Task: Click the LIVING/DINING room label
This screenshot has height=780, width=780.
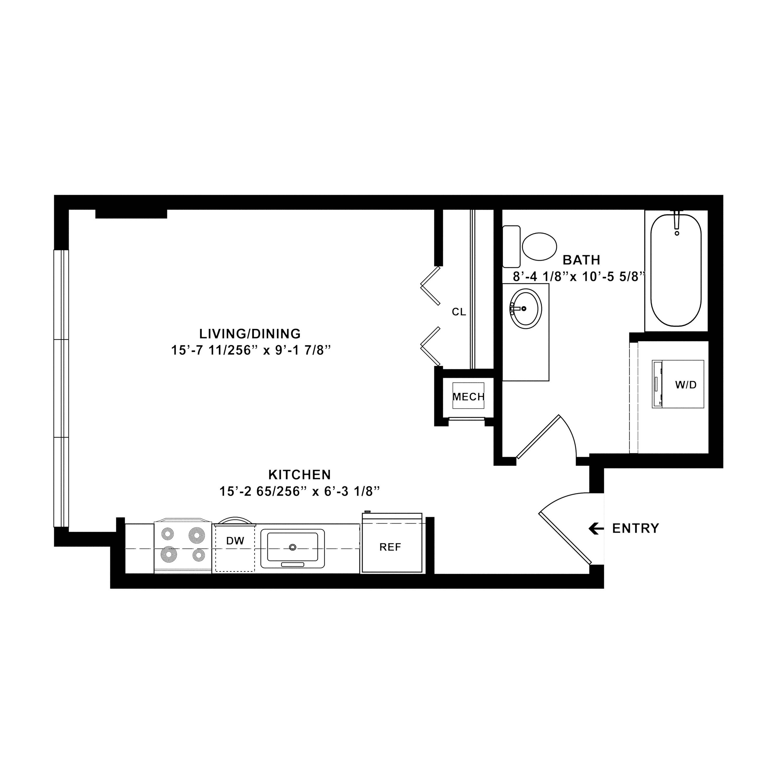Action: tap(250, 334)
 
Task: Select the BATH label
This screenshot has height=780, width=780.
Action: tap(581, 259)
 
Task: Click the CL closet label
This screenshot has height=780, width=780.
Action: tap(459, 312)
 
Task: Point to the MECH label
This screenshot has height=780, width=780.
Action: tap(468, 397)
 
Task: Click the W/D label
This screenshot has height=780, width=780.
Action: tap(686, 385)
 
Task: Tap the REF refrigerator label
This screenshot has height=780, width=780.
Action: tap(390, 547)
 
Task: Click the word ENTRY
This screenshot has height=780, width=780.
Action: tap(635, 528)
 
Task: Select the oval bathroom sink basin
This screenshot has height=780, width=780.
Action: tap(526, 308)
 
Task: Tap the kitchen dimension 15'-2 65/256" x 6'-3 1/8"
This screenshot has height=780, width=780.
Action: tap(300, 491)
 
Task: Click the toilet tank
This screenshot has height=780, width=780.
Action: tap(511, 246)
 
